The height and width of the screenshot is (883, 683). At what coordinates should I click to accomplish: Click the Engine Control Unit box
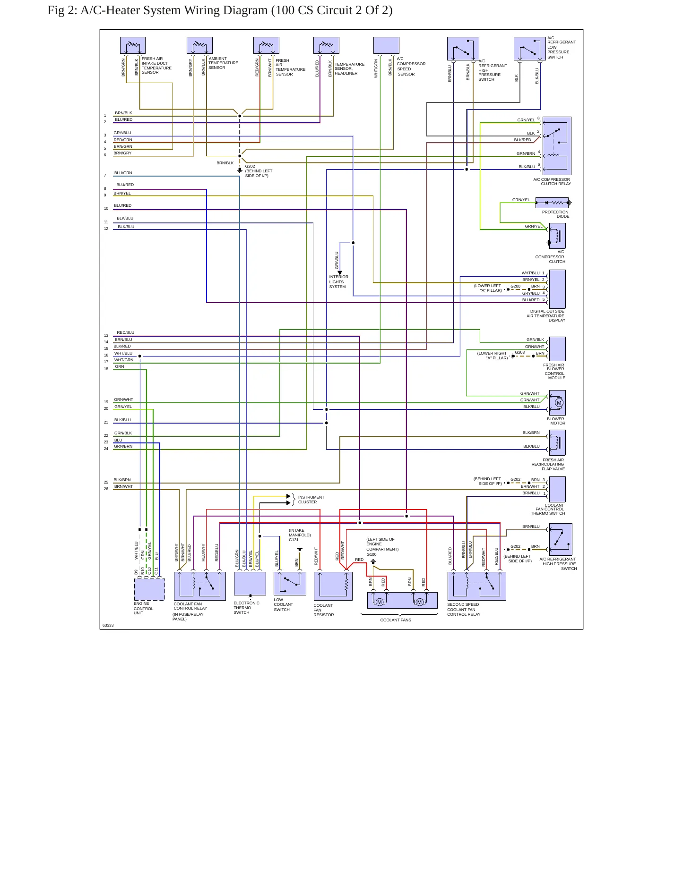pyautogui.click(x=149, y=589)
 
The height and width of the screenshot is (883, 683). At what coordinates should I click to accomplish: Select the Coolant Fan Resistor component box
pyautogui.click(x=333, y=586)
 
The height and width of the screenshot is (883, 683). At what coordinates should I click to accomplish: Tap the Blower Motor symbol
pyautogui.click(x=557, y=403)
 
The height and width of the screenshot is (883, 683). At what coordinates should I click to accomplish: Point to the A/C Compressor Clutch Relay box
pyautogui.click(x=557, y=146)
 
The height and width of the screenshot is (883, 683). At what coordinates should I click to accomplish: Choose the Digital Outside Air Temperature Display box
pyautogui.click(x=557, y=289)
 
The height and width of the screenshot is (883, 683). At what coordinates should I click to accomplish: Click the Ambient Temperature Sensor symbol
pyautogui.click(x=199, y=45)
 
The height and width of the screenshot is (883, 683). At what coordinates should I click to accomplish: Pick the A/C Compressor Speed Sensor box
pyautogui.click(x=386, y=45)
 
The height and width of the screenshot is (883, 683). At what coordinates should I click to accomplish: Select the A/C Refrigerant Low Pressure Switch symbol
pyautogui.click(x=530, y=49)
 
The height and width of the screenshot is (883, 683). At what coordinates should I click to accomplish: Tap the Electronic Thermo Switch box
pyautogui.click(x=250, y=584)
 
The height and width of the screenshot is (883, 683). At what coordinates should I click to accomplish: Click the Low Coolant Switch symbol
pyautogui.click(x=290, y=584)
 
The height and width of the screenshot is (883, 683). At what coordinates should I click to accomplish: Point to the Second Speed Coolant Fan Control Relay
pyautogui.click(x=476, y=586)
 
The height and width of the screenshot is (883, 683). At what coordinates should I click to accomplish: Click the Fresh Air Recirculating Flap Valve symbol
pyautogui.click(x=557, y=442)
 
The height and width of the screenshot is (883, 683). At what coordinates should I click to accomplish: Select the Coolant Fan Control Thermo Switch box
pyautogui.click(x=557, y=489)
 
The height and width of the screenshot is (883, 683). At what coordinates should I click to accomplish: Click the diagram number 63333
pyautogui.click(x=108, y=625)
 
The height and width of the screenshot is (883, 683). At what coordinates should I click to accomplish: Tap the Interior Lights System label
pyautogui.click(x=338, y=282)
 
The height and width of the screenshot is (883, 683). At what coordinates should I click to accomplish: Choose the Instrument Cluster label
pyautogui.click(x=311, y=500)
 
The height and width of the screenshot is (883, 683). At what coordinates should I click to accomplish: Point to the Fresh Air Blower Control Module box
pyautogui.click(x=557, y=349)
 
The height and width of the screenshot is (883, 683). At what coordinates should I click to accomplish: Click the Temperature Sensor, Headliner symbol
pyautogui.click(x=326, y=45)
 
